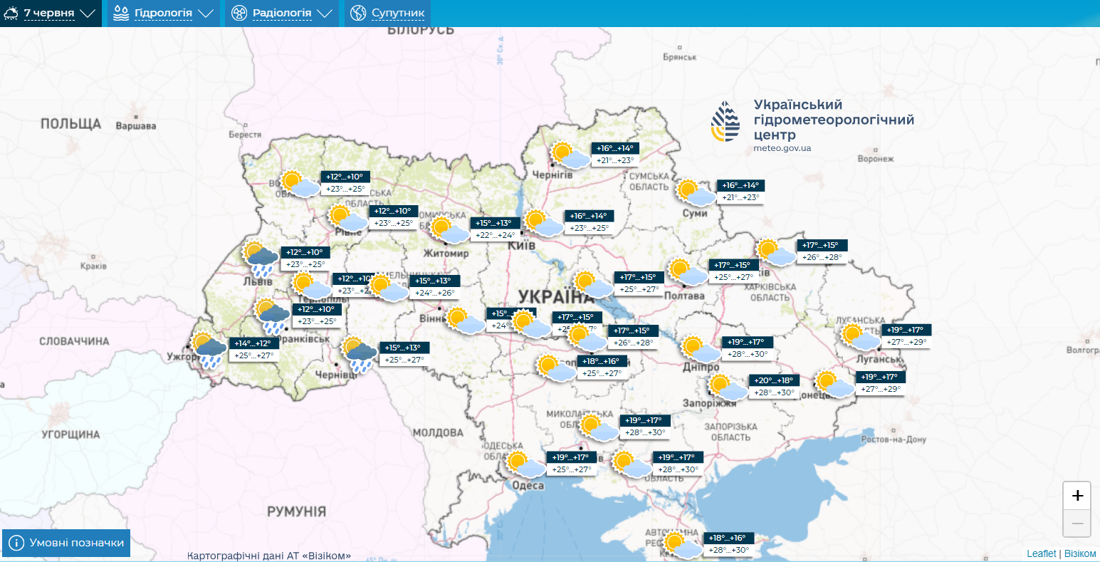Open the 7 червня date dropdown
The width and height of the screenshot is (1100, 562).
[50, 13]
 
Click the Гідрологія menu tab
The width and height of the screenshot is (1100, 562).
[163, 13]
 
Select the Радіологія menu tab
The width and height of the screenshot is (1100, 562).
[281, 13]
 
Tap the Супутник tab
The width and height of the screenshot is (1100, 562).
[388, 13]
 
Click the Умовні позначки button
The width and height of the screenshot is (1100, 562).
[66, 543]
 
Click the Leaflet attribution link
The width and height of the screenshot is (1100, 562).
[1041, 553]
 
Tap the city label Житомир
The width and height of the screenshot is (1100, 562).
[446, 254]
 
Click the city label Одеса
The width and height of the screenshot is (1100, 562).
[528, 486]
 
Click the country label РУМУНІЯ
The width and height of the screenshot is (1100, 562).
[296, 511]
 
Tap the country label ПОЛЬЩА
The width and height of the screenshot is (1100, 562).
[70, 124]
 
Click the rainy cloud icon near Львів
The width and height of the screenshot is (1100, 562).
[261, 259]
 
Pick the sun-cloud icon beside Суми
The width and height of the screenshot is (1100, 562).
[695, 193]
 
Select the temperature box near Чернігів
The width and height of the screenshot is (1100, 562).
[614, 155]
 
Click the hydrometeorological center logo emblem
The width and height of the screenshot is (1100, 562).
[725, 123]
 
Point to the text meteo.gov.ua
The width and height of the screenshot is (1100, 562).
[782, 148]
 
